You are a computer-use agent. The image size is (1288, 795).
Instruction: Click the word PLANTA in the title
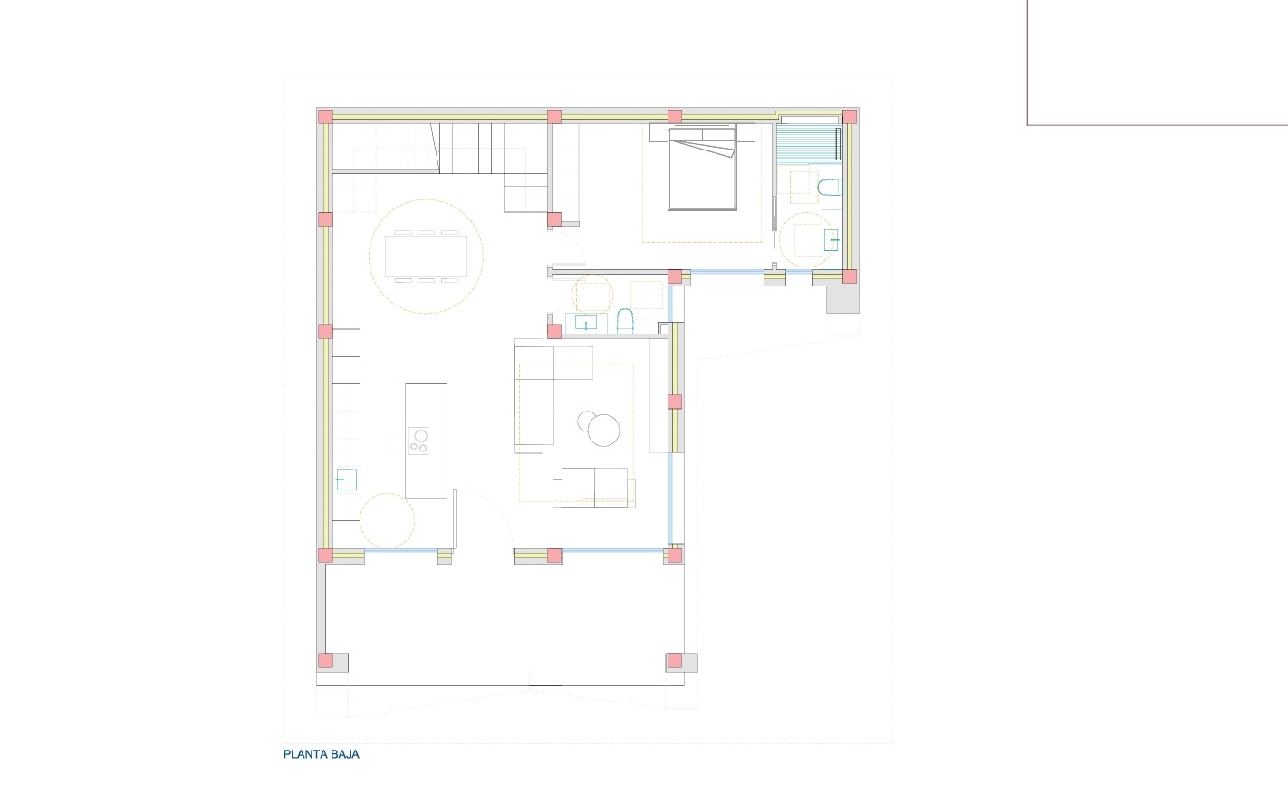[x=303, y=754]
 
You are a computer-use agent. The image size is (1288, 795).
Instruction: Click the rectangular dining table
[x=426, y=256]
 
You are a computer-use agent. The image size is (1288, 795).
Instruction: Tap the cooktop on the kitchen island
[x=418, y=441]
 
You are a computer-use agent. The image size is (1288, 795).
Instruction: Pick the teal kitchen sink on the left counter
[x=346, y=479]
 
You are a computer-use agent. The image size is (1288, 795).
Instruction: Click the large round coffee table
[x=605, y=430]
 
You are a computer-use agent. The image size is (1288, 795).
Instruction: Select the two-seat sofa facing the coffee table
[x=594, y=487]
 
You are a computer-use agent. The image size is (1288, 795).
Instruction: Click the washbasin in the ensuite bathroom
[x=832, y=240]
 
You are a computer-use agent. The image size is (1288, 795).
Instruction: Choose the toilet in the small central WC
[x=624, y=321]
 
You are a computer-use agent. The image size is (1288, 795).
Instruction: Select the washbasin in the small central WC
[x=586, y=322]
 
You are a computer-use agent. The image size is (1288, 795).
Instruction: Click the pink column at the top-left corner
[x=325, y=116]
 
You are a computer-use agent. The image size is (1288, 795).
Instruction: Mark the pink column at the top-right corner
[x=850, y=117]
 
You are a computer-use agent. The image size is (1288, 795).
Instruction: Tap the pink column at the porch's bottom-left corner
[x=325, y=661]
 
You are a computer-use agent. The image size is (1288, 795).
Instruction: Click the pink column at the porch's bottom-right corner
[x=674, y=661]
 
